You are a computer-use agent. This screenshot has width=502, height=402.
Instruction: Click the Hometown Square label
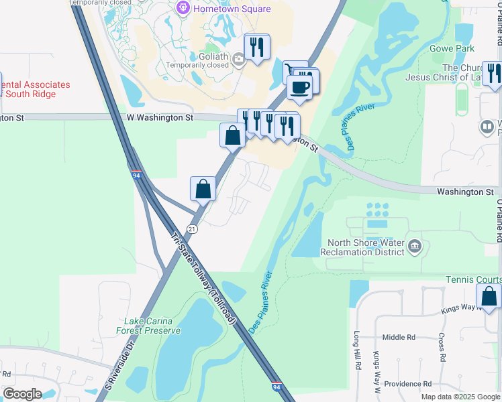pos(232,9)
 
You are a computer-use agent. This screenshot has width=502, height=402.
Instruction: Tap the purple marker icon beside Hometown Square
pos(183,8)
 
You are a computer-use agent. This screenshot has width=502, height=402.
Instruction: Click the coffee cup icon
pos(299,86)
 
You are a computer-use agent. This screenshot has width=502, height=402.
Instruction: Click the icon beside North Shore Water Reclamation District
pos(415,247)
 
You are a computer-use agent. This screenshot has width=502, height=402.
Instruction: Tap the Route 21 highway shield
pos(192,229)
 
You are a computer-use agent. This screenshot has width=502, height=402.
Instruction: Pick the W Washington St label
pos(160,117)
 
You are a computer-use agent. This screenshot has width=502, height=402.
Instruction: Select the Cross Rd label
pos(442,348)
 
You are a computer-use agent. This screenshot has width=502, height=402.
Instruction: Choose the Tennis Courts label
pos(474,279)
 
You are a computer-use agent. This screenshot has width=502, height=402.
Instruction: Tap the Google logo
pos(22,394)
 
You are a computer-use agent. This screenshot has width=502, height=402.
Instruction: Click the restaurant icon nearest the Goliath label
pos(256,47)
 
